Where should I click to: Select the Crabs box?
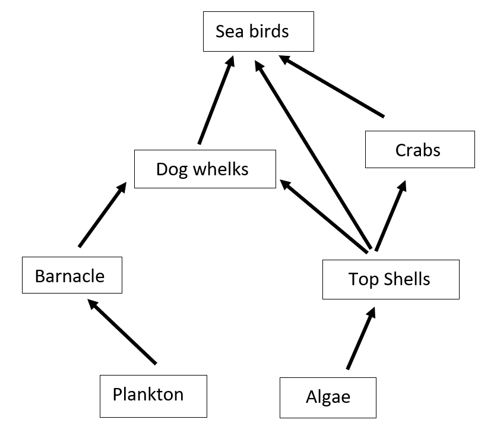419,149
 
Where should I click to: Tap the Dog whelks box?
205,169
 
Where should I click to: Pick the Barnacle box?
71,275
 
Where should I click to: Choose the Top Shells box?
390,279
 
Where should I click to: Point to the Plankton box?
153,395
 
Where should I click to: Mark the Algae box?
328,396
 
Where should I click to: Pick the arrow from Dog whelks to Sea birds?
216,100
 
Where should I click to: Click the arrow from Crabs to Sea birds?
332,86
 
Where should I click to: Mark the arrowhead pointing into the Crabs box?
402,187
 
